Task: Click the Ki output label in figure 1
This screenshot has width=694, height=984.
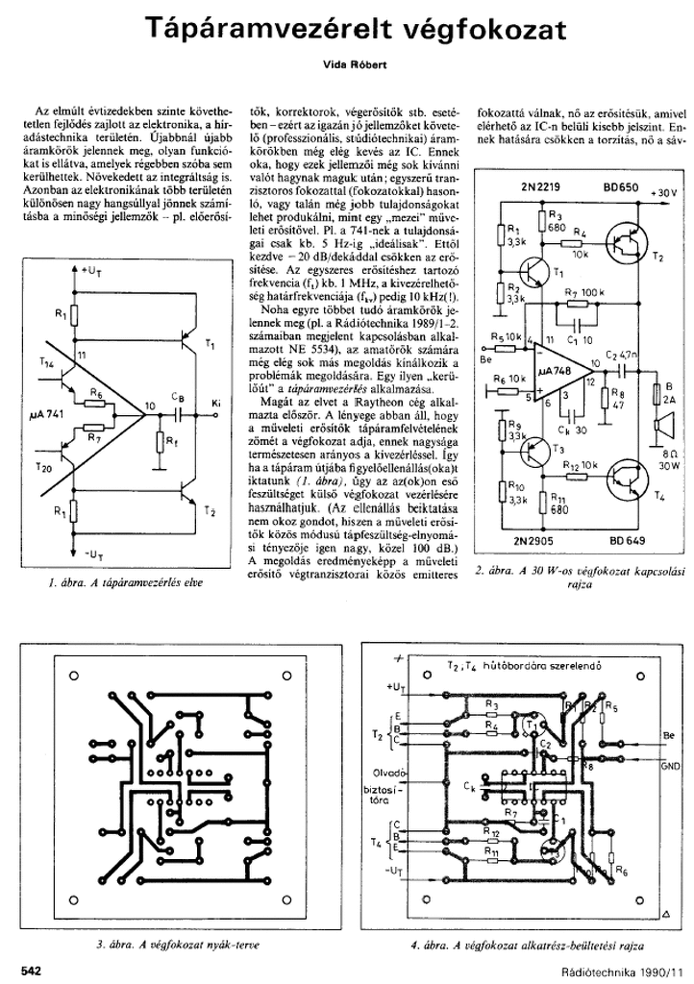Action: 215,401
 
